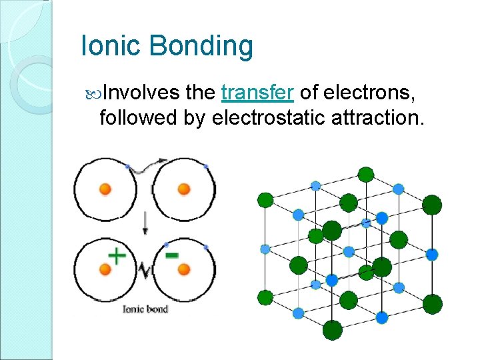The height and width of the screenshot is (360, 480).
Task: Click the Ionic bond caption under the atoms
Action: point(145,309)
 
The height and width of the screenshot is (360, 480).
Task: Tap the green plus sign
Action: point(117,256)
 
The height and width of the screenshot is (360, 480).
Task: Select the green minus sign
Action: point(171,255)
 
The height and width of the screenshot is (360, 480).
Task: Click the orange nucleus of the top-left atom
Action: point(105,189)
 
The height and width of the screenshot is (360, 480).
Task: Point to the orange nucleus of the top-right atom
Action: point(184,189)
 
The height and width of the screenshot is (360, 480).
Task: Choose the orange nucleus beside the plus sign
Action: point(105,269)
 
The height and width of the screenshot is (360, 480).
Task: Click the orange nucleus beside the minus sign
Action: point(184,269)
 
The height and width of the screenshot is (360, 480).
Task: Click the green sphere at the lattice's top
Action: point(365,175)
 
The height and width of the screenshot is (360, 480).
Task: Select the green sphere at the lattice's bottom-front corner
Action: point(332,329)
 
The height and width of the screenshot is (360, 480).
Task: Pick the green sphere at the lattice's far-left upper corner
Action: point(265,199)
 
